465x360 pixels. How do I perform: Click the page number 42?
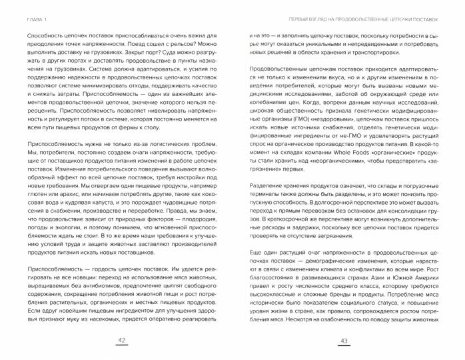122,341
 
